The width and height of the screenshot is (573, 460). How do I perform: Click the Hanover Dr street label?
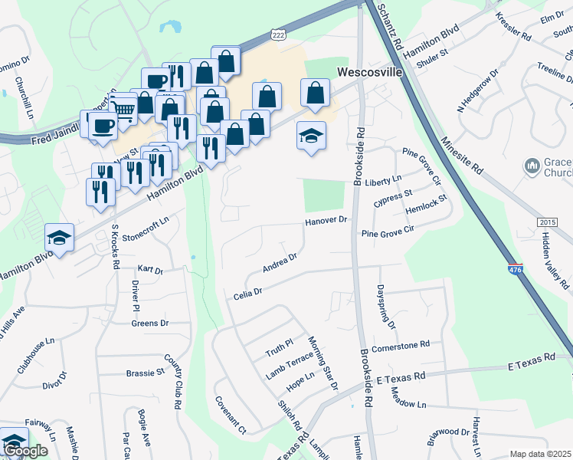328,220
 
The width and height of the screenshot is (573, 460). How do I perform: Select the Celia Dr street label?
248,292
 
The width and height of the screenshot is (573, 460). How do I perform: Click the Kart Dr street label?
150,270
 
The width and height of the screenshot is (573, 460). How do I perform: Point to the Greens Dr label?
149,324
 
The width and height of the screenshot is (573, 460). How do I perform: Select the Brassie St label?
145,373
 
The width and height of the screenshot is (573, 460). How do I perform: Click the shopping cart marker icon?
123,112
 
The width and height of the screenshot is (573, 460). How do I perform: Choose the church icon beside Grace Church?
532,166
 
